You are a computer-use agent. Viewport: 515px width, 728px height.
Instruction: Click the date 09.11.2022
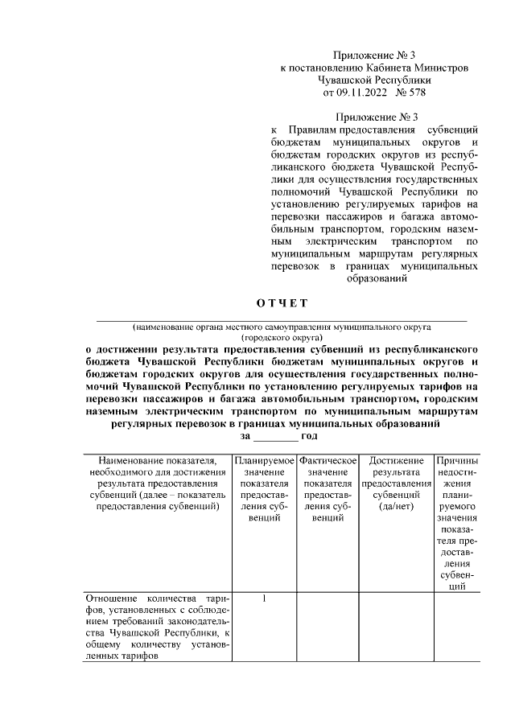coord(359,93)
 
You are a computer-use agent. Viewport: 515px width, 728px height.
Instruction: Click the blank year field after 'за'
coord(275,435)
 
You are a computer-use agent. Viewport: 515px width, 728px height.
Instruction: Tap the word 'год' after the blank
coord(309,435)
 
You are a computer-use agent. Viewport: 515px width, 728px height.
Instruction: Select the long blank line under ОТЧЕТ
coord(282,321)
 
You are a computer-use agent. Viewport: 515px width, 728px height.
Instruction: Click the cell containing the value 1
coord(264,599)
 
